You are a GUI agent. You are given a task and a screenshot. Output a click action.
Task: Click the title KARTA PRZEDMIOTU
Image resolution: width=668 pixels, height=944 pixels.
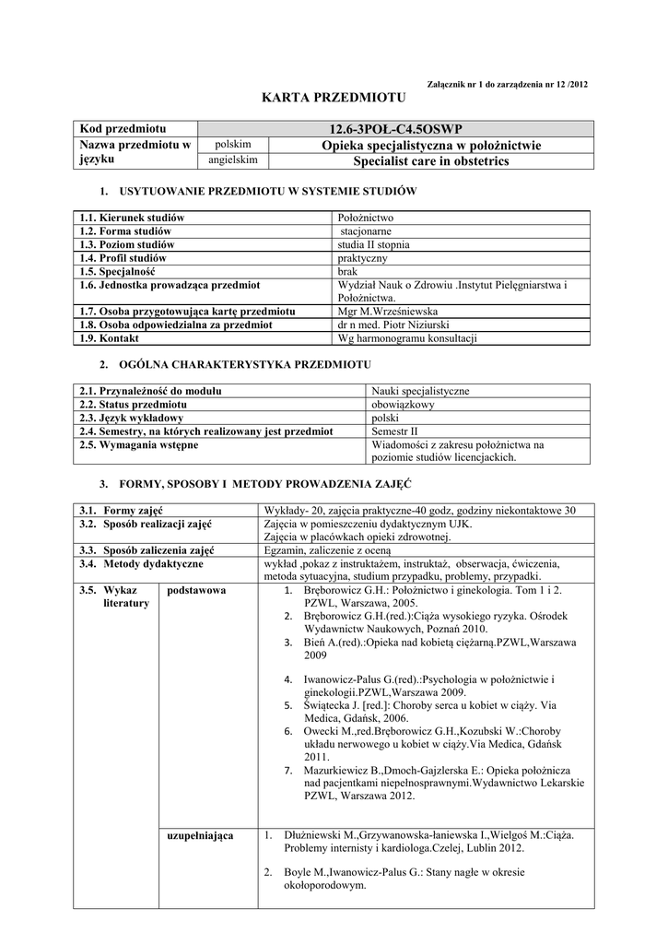(334, 97)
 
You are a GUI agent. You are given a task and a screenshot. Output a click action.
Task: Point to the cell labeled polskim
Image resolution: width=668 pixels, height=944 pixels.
(234, 144)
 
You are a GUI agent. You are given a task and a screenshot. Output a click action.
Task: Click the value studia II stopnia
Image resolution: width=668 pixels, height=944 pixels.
(374, 244)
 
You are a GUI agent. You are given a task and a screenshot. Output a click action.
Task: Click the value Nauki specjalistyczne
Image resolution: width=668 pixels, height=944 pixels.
(420, 391)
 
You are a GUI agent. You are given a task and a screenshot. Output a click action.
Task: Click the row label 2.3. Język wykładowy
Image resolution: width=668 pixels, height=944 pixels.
(131, 418)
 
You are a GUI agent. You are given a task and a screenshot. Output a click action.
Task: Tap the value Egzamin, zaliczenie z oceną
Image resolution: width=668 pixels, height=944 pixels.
(326, 550)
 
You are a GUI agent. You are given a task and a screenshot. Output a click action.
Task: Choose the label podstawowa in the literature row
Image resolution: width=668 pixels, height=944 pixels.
(196, 590)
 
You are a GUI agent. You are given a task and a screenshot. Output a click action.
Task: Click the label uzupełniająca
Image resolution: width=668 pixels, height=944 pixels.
(200, 835)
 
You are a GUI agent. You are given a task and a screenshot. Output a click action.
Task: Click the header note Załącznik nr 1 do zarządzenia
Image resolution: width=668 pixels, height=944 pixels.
(508, 85)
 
